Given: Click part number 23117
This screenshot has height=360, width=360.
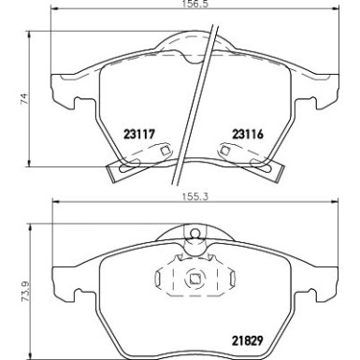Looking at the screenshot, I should (x=137, y=134).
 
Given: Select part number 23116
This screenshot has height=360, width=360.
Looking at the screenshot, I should (x=237, y=134).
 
